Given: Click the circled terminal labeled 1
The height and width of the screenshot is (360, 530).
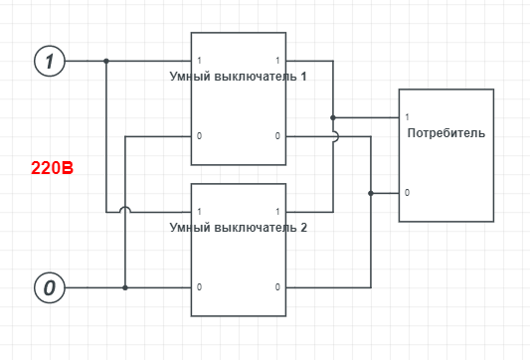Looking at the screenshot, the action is click(50, 61).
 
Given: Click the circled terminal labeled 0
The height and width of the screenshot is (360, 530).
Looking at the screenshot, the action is click(50, 287).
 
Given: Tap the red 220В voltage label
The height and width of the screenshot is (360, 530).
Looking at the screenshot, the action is click(52, 168).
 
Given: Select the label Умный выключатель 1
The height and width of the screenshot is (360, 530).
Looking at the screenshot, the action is click(238, 77).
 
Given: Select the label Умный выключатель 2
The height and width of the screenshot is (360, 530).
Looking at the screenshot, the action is click(238, 228).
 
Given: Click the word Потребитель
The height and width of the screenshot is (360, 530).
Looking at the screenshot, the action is click(446, 133).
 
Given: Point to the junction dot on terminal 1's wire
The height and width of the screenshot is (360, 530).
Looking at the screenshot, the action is click(106, 61).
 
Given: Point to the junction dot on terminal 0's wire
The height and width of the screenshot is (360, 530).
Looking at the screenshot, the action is click(125, 287).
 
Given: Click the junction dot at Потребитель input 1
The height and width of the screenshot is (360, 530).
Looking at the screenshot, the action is click(333, 117).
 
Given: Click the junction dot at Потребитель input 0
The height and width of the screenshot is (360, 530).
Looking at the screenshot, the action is click(371, 193).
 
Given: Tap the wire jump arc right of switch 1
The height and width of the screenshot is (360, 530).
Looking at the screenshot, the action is click(337, 136).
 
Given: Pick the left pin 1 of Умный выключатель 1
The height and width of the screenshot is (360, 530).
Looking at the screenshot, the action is click(199, 61).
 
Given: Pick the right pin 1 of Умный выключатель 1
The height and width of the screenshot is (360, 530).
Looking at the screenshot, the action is click(277, 61).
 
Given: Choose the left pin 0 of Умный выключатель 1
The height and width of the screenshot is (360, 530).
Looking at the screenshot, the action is click(199, 136).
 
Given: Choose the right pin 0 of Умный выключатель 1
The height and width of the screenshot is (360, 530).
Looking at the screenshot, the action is click(277, 136).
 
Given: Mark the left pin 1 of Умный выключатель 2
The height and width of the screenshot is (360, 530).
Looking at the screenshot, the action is click(199, 212).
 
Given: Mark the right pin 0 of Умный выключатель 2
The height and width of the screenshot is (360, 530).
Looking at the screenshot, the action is click(277, 287).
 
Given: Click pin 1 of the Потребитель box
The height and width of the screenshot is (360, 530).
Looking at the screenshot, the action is click(407, 117).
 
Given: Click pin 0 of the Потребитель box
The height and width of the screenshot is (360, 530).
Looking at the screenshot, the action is click(407, 193).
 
